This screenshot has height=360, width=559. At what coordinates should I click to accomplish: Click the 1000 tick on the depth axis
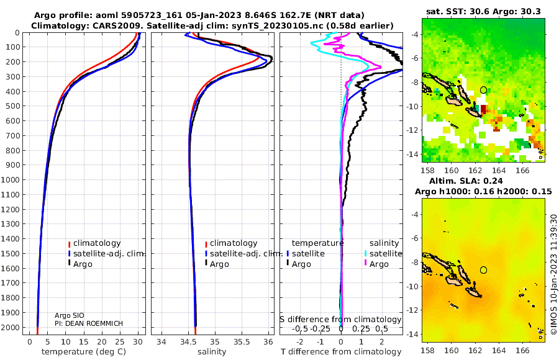(10, 179)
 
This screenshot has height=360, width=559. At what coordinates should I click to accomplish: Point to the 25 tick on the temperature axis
(120, 342)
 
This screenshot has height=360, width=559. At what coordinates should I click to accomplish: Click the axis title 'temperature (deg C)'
(84, 352)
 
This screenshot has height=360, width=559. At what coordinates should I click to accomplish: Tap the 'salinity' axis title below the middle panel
(212, 352)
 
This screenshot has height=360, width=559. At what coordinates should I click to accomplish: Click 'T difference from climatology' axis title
(341, 352)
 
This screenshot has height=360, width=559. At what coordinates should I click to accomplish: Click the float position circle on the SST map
(483, 90)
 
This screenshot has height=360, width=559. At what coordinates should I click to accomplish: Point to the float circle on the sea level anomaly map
(483, 270)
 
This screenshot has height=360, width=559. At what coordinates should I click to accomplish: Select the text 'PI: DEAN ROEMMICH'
(89, 323)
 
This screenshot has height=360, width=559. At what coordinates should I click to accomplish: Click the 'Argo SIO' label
(70, 315)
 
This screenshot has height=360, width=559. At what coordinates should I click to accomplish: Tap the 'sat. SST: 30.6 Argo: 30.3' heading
(483, 12)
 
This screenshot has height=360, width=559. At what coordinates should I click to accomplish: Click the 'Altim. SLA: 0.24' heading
(466, 181)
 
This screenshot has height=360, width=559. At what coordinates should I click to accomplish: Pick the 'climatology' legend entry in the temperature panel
(94, 243)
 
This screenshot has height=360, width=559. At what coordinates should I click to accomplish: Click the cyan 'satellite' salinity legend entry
(383, 253)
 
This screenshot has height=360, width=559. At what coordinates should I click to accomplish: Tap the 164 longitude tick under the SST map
(499, 170)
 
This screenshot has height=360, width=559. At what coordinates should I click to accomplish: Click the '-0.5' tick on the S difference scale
(299, 328)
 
